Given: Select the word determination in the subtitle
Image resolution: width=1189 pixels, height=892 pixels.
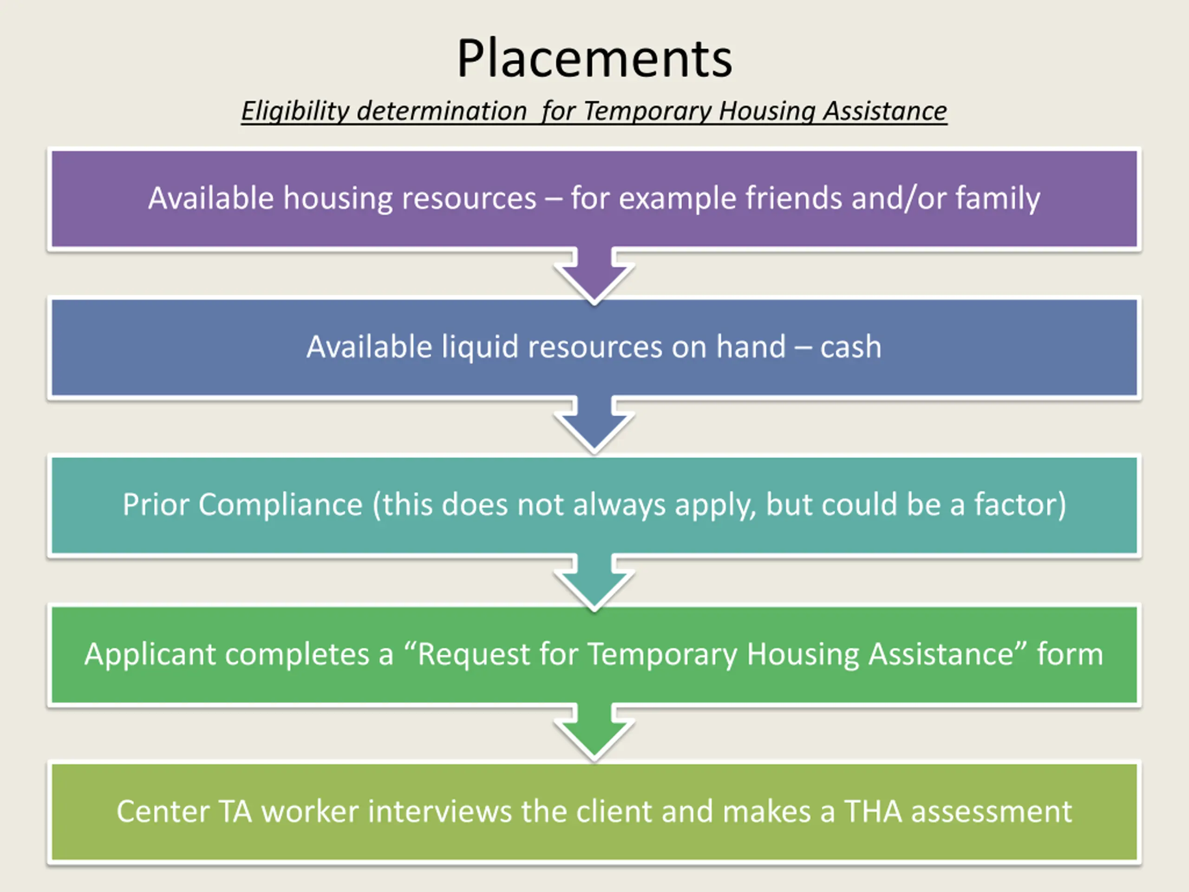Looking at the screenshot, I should (x=441, y=111).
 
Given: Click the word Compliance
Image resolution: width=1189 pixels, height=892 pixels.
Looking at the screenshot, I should (x=280, y=505).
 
